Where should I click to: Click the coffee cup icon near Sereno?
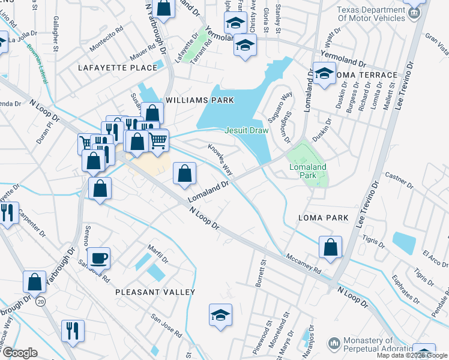pos(100,258)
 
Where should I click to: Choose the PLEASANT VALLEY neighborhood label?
pos(155,292)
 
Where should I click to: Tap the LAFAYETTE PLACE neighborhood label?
pos(118,68)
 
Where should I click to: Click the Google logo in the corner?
pos(20,353)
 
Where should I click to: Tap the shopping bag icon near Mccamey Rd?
pos(330,247)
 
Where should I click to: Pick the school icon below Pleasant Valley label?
pos(220,314)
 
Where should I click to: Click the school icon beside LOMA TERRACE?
pos(324,74)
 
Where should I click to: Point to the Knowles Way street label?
pos(220,158)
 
